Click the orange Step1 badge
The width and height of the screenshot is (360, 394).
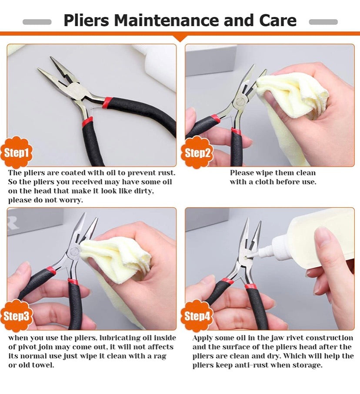[17, 152]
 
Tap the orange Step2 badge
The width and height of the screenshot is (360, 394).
[197, 152]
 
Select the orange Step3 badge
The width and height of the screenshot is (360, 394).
[17, 316]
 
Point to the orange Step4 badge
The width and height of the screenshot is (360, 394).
[197, 316]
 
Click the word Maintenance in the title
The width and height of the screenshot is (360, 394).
[166, 20]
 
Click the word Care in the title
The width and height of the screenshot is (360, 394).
[278, 20]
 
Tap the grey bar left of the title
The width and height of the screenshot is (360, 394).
[37, 22]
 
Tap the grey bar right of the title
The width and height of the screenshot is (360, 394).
[323, 22]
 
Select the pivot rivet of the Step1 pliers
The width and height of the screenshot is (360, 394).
[76, 89]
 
